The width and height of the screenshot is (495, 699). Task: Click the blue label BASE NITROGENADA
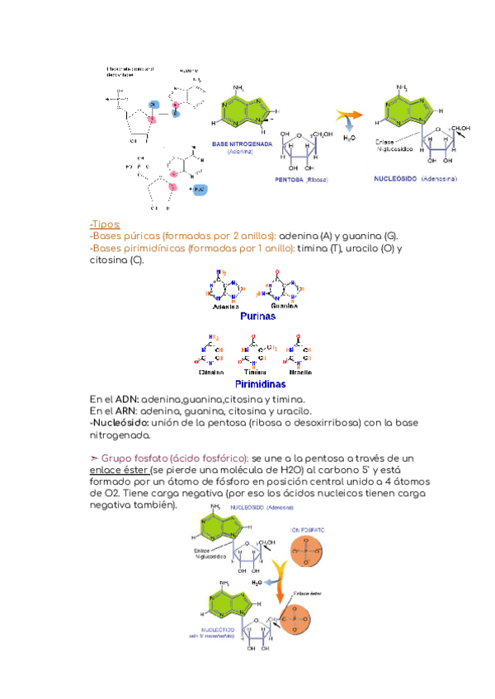click(242, 143)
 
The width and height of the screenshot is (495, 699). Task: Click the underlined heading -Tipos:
click(105, 224)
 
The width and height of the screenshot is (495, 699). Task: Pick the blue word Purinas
click(257, 316)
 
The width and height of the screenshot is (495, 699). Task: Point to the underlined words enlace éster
click(119, 469)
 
